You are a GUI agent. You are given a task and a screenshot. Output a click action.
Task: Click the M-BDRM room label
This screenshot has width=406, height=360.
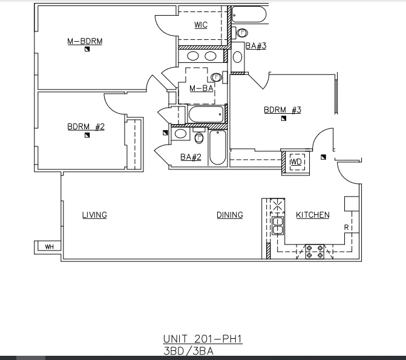tap(85, 42)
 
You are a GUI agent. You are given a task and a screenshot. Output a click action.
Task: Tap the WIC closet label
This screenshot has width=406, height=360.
tap(201, 25)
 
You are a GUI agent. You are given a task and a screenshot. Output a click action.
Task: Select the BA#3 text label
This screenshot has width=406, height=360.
tap(256, 46)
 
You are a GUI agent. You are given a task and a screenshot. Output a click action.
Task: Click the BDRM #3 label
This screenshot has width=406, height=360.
tap(283, 110)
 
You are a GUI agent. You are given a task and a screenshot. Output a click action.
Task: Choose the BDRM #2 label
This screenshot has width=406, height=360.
tap(86, 127)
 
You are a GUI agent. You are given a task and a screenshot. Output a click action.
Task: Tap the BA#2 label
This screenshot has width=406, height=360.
tap(191, 157)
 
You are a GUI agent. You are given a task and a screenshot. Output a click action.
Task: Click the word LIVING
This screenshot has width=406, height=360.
tap(94, 215)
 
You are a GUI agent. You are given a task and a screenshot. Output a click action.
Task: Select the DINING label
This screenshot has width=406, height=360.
tap(230, 215)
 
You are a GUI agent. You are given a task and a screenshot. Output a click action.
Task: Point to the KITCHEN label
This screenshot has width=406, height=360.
tap(313, 215)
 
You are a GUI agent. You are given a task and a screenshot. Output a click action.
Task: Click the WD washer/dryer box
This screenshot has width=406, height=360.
tap(296, 162)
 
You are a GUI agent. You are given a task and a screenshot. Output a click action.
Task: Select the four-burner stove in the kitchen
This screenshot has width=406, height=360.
tap(315, 251)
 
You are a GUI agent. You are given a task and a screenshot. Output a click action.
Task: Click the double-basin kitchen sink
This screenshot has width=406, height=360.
tap(278, 225)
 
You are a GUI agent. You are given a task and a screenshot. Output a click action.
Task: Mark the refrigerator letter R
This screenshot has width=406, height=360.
tap(346, 227)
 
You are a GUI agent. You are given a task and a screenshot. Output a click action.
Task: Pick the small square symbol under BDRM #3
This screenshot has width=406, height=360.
tap(283, 119)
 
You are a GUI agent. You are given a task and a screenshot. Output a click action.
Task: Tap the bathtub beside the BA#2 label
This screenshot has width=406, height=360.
tap(218, 148)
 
